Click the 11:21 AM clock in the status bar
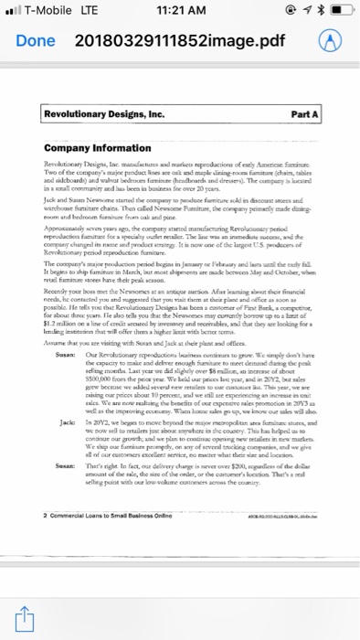(x=180, y=12)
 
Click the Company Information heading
(x=89, y=150)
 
